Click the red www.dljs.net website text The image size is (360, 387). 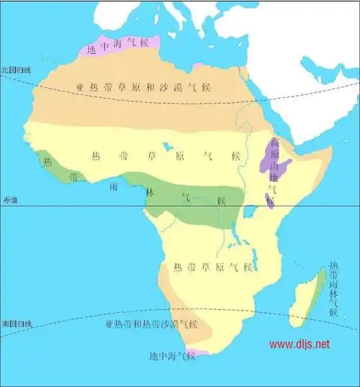tap(300, 344)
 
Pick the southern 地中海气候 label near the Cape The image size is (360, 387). tap(171, 356)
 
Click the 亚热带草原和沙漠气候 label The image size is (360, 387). tap(144, 88)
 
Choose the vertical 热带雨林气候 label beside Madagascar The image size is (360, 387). tap(332, 288)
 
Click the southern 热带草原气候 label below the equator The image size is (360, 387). tap(212, 267)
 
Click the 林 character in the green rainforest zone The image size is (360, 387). tap(150, 192)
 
